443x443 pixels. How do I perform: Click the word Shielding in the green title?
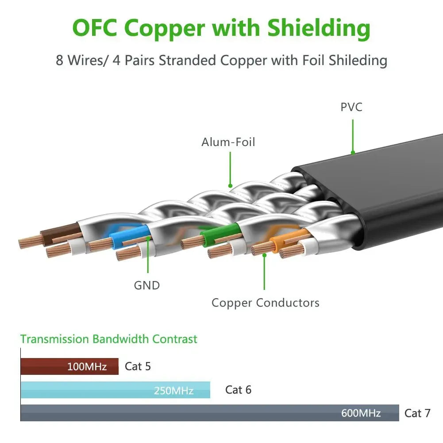click(x=319, y=29)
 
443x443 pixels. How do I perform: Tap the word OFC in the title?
click(x=95, y=28)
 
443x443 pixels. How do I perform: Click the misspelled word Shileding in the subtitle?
click(x=358, y=61)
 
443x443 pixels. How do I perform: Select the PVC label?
click(x=351, y=107)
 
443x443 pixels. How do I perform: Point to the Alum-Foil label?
click(x=228, y=142)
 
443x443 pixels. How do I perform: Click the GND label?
click(x=147, y=285)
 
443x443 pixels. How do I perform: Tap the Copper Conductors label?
click(x=266, y=303)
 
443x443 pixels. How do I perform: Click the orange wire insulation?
click(x=289, y=239)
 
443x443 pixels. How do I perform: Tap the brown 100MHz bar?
click(x=69, y=366)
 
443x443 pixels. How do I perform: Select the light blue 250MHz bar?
click(x=115, y=390)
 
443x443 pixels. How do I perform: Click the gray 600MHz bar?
click(x=210, y=413)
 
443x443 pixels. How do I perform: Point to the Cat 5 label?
click(x=138, y=366)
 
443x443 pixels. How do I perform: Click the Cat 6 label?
click(x=238, y=390)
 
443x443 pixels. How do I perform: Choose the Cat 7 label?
click(x=417, y=413)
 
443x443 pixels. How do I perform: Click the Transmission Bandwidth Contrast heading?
click(x=109, y=339)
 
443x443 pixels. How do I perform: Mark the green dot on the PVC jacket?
click(x=353, y=153)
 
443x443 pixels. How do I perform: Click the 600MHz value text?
click(x=361, y=413)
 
